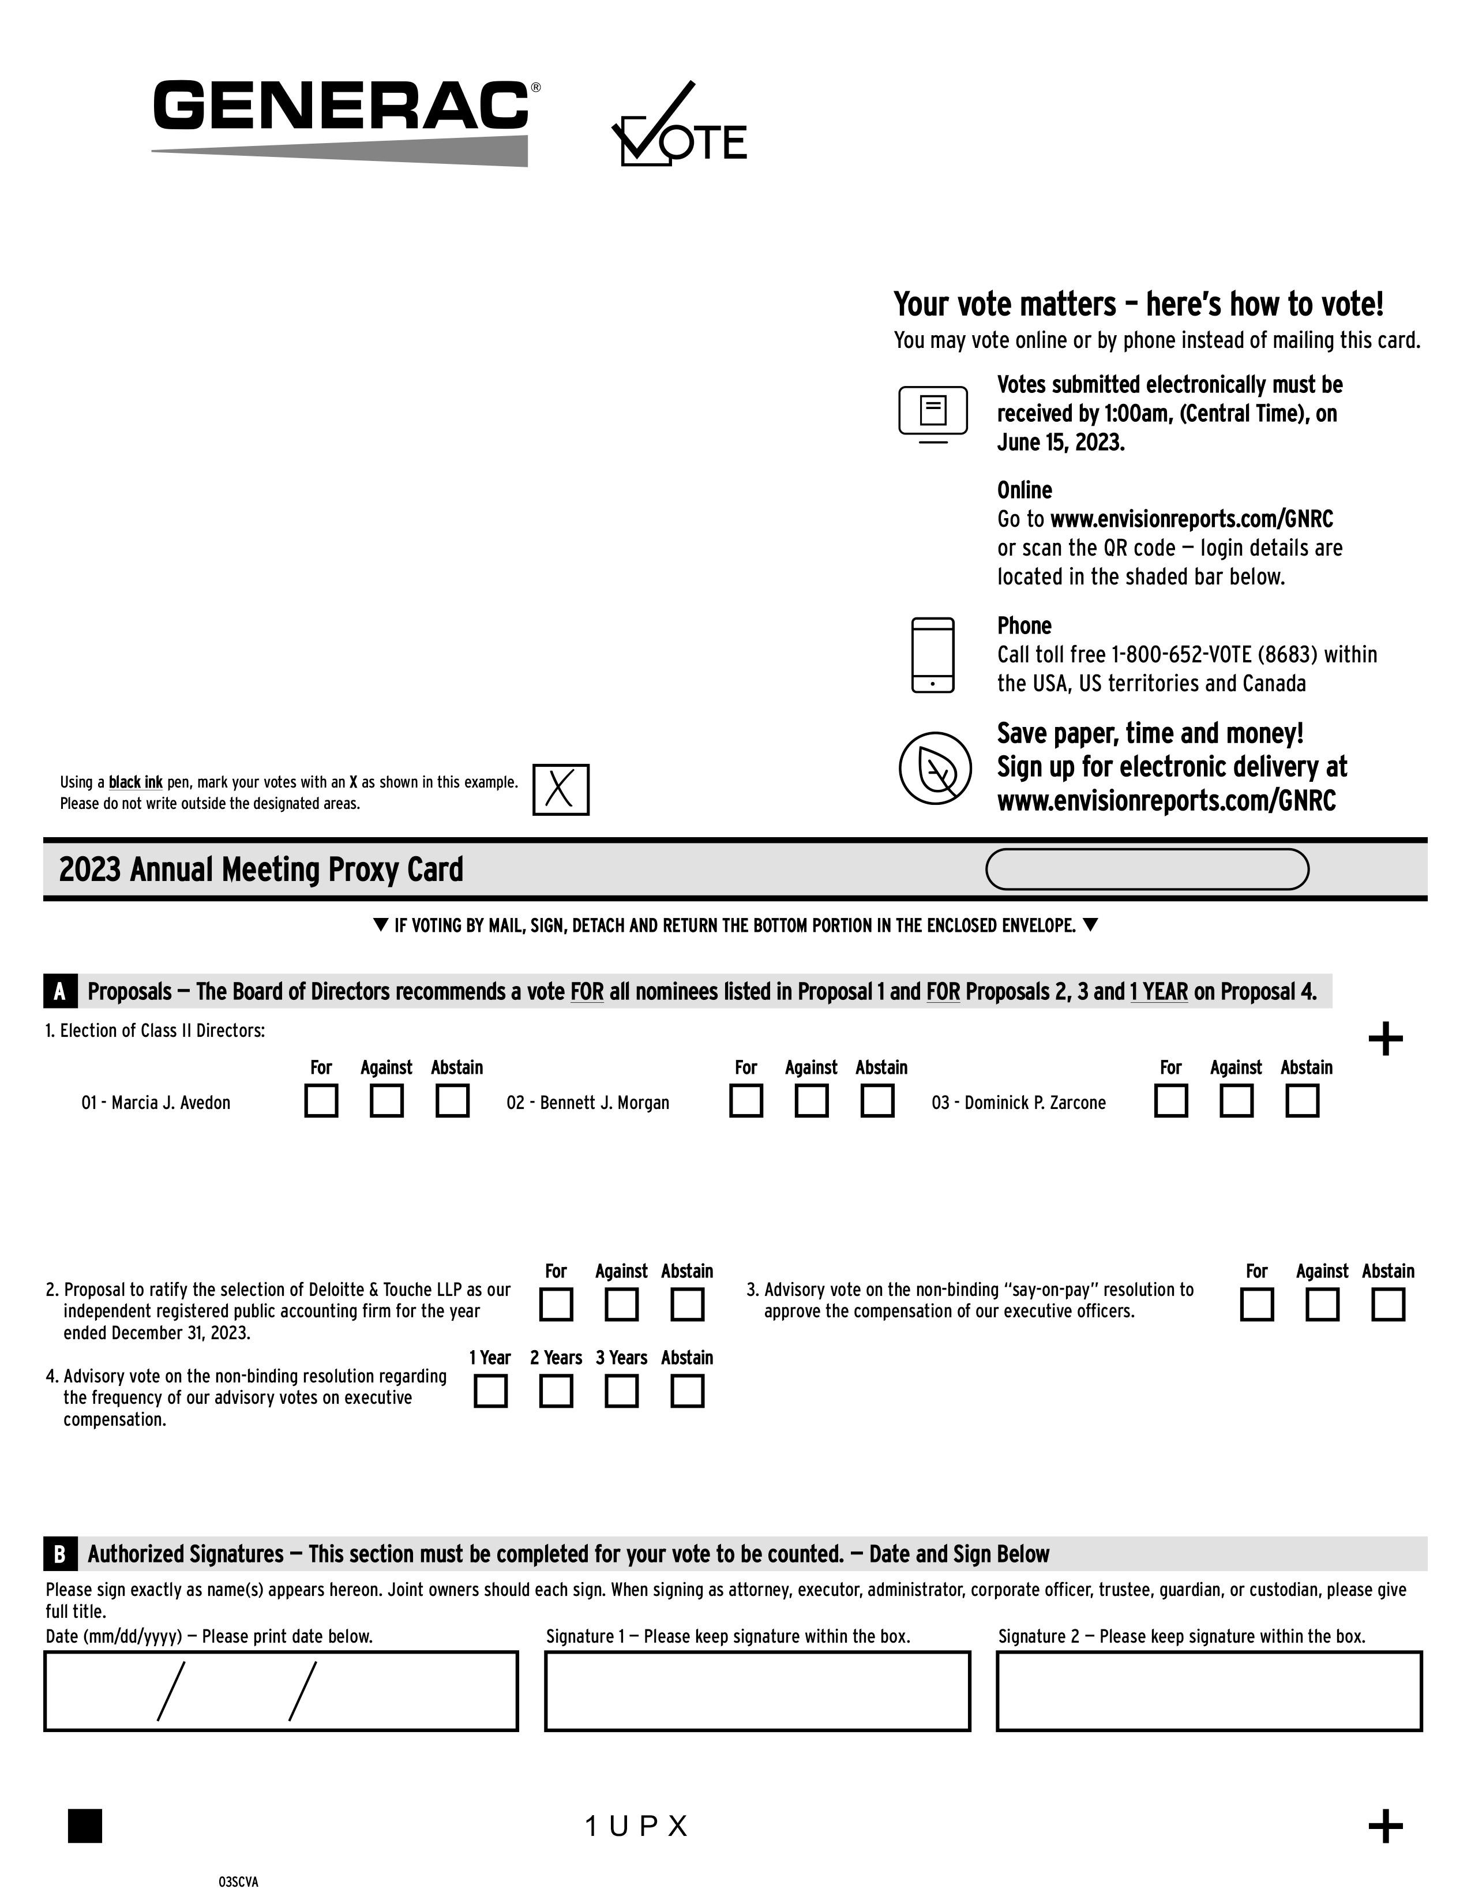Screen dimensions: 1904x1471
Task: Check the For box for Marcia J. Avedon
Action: pos(321,1100)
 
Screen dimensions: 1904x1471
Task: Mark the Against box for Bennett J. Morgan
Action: pos(811,1100)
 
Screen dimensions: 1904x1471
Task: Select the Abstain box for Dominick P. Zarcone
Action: pos(1302,1100)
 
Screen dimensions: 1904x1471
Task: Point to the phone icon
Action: pos(932,655)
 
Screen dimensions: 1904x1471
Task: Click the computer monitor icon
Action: pos(932,413)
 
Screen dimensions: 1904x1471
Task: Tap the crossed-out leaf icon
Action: pos(934,768)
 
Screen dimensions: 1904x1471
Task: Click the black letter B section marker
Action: pos(59,1554)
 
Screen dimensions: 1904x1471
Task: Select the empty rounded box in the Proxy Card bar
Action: pos(1146,869)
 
